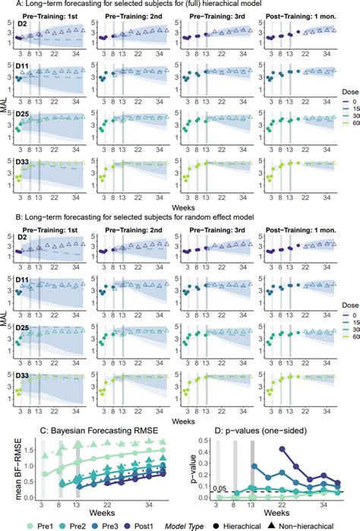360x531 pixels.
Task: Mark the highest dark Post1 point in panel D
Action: tap(283, 449)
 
